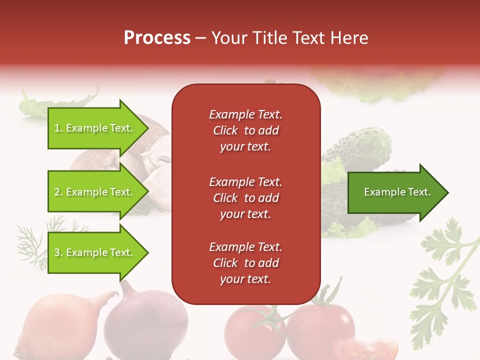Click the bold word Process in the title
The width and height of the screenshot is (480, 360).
tap(157, 38)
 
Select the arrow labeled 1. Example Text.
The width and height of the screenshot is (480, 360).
tap(95, 128)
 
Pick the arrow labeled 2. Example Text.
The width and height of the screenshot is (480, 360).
tap(95, 192)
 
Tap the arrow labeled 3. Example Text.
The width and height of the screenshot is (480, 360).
tap(95, 252)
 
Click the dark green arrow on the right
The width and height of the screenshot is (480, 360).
tap(395, 192)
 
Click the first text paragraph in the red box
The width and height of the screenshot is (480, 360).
tap(245, 130)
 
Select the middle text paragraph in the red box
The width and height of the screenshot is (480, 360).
tap(245, 198)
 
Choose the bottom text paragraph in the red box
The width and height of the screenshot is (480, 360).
tap(245, 263)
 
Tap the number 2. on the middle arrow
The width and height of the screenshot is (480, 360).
tap(58, 192)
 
